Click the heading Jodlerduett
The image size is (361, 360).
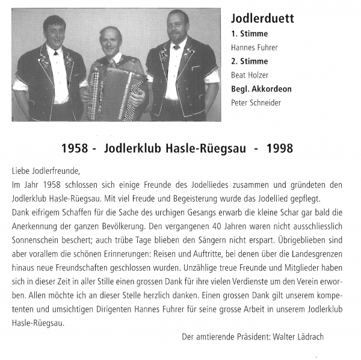262,18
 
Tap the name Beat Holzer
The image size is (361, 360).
250,75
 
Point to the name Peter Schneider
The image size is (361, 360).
255,103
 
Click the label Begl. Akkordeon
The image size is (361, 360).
261,89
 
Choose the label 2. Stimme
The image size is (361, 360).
249,61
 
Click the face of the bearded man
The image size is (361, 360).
179,27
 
